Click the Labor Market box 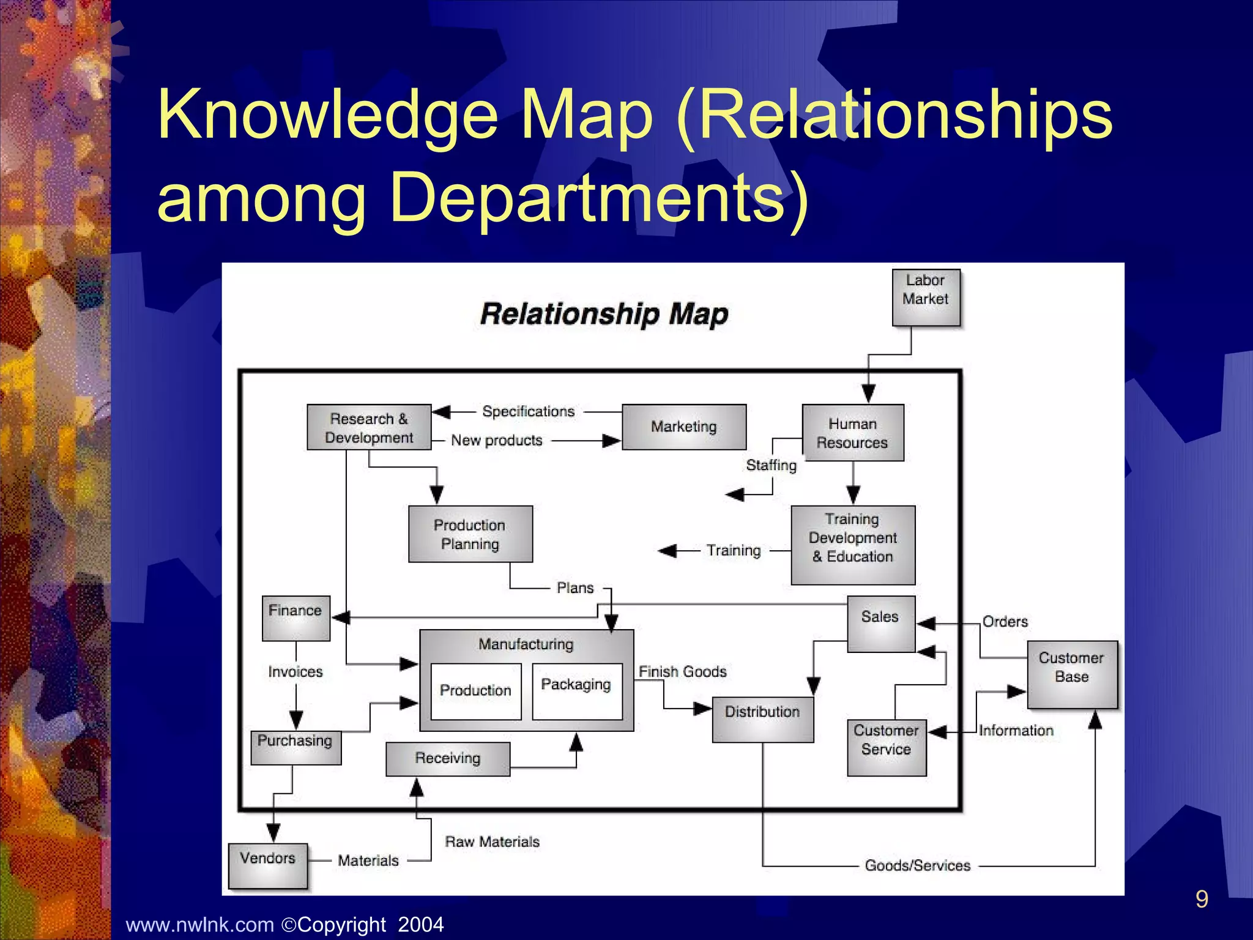pyautogui.click(x=926, y=297)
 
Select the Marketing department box pyautogui.click(x=684, y=427)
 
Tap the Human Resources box pyautogui.click(x=853, y=433)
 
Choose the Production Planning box pyautogui.click(x=470, y=534)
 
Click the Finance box pyautogui.click(x=296, y=618)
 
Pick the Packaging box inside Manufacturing pyautogui.click(x=576, y=691)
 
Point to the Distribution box pyautogui.click(x=762, y=719)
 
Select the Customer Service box pyautogui.click(x=887, y=747)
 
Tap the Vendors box pyautogui.click(x=267, y=865)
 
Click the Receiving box pyautogui.click(x=447, y=759)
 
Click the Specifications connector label pyautogui.click(x=529, y=411)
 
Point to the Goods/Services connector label pyautogui.click(x=917, y=865)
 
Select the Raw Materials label pyautogui.click(x=493, y=842)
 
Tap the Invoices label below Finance pyautogui.click(x=296, y=672)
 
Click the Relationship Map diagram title pyautogui.click(x=604, y=315)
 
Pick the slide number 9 pyautogui.click(x=1202, y=899)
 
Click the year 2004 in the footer pyautogui.click(x=421, y=924)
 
